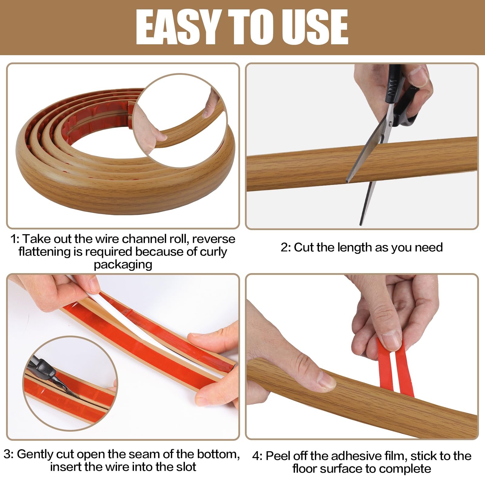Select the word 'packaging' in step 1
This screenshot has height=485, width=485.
point(123,265)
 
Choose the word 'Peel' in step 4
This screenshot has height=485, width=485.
point(278,456)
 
